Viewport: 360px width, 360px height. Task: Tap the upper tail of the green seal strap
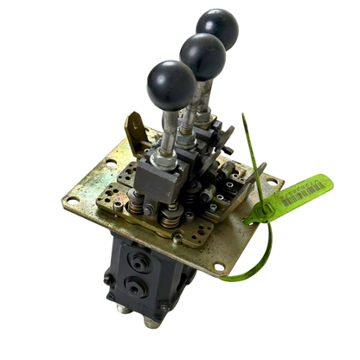(244, 138)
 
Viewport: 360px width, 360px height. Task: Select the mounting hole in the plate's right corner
(275, 181)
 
